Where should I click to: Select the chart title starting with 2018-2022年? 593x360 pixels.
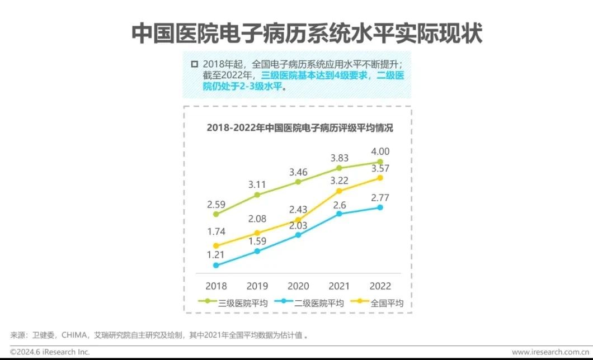[299, 128]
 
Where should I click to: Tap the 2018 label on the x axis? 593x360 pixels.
[216, 286]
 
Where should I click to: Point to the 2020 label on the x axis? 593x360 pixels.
[298, 286]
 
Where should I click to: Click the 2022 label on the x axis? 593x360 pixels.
[380, 286]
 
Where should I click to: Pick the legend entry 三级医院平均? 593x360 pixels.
[235, 303]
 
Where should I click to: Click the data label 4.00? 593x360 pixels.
[380, 151]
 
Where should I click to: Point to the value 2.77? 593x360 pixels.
[380, 197]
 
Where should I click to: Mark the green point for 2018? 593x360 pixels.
[216, 214]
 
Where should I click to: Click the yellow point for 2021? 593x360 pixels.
[339, 191]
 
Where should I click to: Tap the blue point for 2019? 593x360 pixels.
[257, 251]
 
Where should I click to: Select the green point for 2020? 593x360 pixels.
[298, 182]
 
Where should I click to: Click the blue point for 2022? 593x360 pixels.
[380, 207]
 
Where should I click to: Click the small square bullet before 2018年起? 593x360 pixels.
[194, 63]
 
